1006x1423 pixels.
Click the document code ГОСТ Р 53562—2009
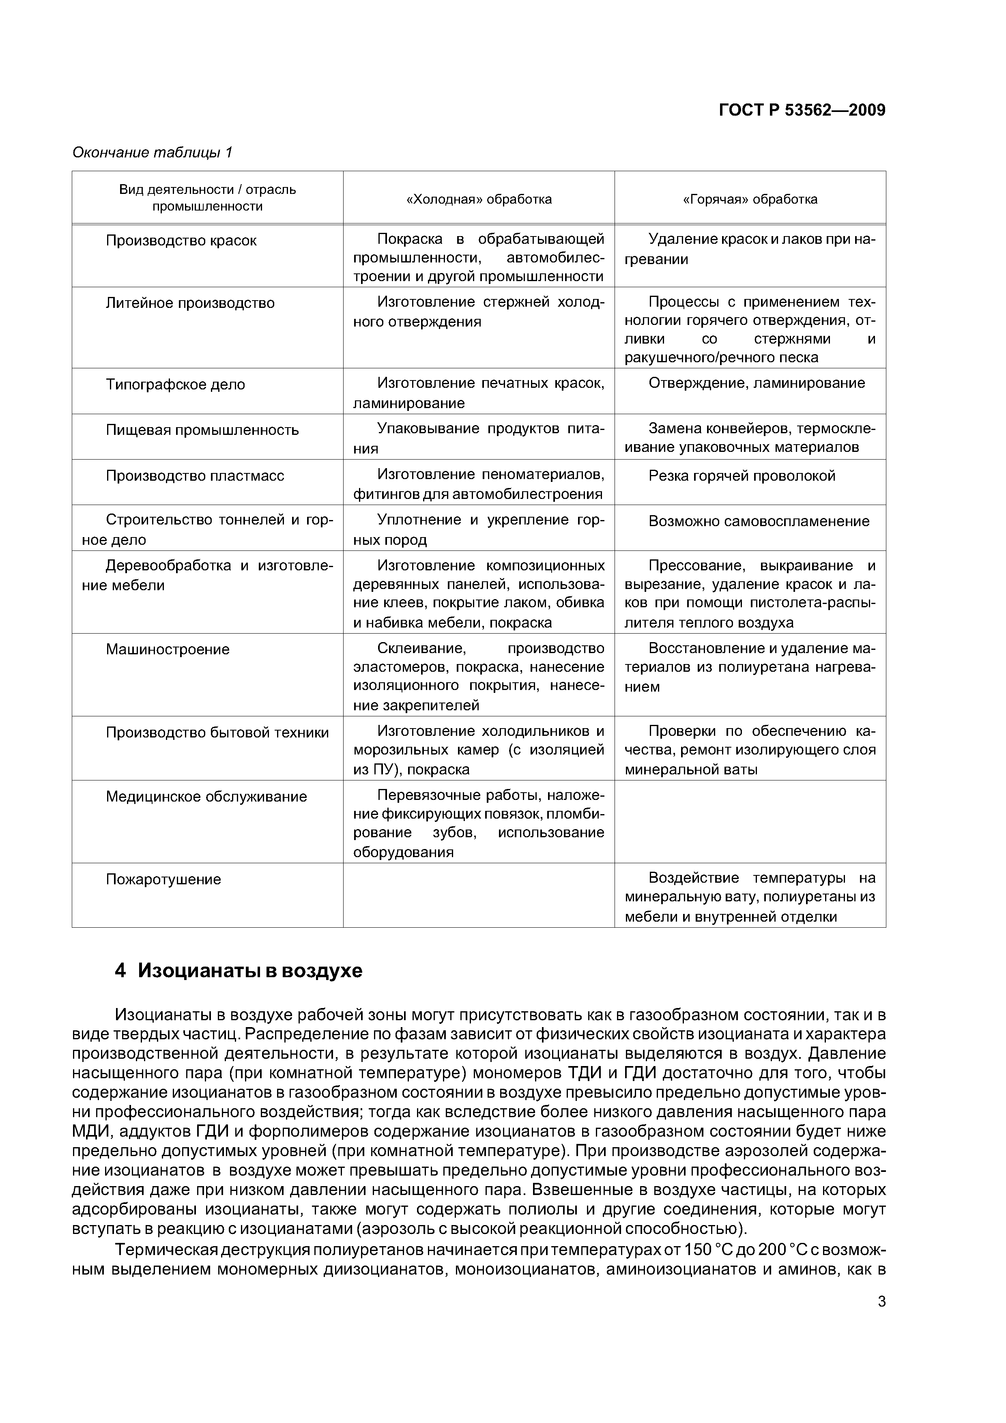[802, 110]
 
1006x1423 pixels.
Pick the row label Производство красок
[181, 241]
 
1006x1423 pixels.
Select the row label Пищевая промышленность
[202, 430]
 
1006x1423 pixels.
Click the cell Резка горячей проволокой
[742, 476]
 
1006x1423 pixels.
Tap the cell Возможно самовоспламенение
[759, 522]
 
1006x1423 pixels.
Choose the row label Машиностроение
[168, 649]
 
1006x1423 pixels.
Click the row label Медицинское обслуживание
[206, 797]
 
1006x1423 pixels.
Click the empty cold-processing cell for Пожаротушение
[479, 896]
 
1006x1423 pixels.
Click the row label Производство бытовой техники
[217, 733]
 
